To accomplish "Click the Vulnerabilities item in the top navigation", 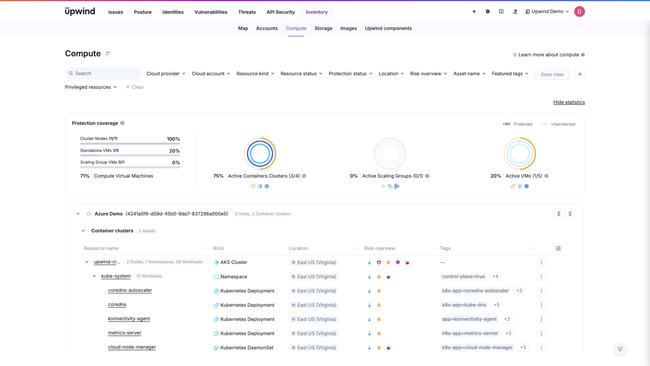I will point(211,12).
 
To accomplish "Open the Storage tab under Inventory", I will point(323,28).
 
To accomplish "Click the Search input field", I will point(103,74).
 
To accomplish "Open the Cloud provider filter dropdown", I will point(166,74).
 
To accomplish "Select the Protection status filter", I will point(350,74).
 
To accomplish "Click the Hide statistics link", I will point(569,102).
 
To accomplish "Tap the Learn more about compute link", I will point(548,55).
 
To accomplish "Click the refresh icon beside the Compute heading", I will point(108,53).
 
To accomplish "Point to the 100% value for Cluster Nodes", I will point(173,139).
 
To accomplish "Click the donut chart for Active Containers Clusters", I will point(260,153).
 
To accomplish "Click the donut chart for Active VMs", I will point(520,153).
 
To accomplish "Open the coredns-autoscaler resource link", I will point(130,290).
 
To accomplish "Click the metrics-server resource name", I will point(124,333).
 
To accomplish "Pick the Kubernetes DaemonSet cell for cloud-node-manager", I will point(247,347).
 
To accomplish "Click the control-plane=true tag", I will point(463,276).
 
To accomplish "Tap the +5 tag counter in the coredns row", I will point(496,305).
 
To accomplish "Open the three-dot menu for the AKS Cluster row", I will point(541,262).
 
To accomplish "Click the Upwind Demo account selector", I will point(547,12).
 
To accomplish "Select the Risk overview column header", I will point(380,249).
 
